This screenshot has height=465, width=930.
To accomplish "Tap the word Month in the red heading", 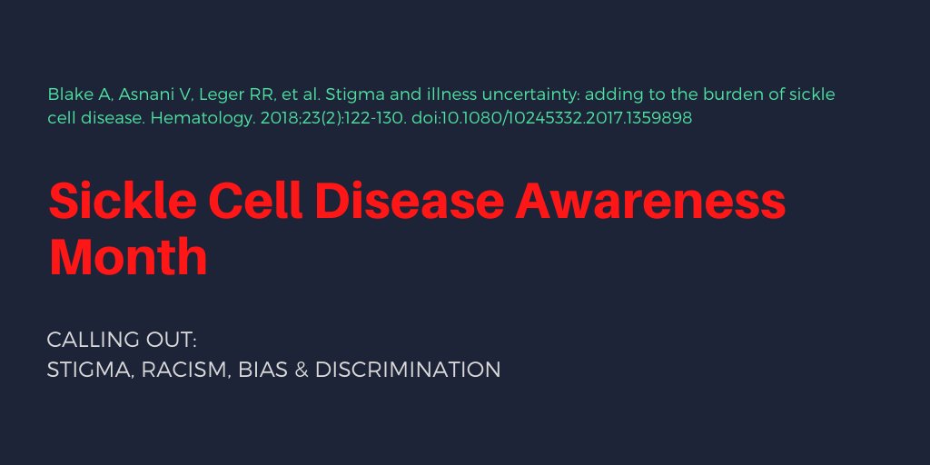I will [128, 257].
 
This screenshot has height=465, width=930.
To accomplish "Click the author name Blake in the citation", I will [68, 94].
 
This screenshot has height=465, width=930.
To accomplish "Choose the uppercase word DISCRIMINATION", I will [408, 371].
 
